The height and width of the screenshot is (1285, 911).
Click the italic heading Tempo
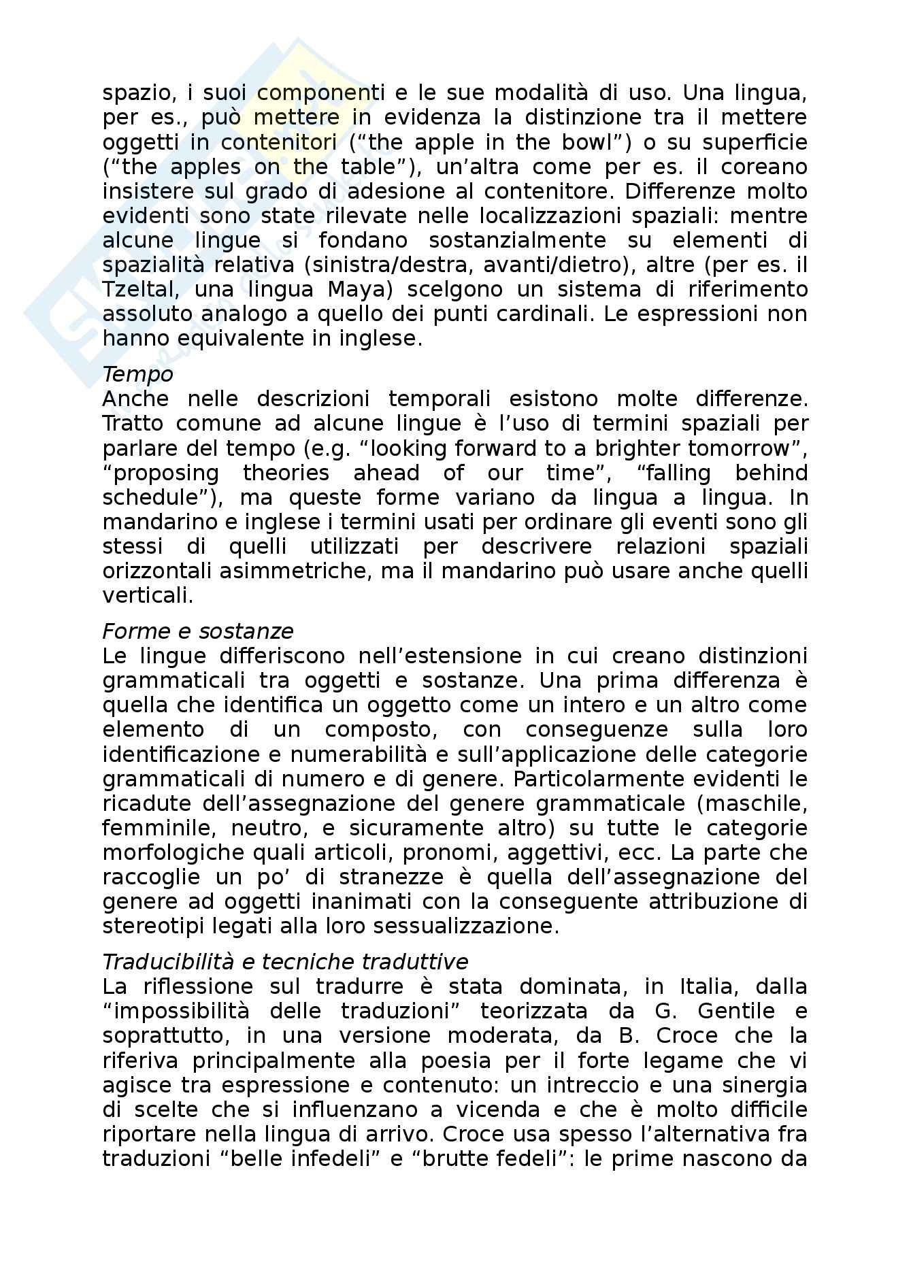click(x=137, y=374)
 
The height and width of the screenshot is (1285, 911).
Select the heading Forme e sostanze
click(x=197, y=631)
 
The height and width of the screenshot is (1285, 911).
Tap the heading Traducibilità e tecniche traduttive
click(x=285, y=962)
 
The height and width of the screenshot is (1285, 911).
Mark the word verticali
click(x=148, y=595)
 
